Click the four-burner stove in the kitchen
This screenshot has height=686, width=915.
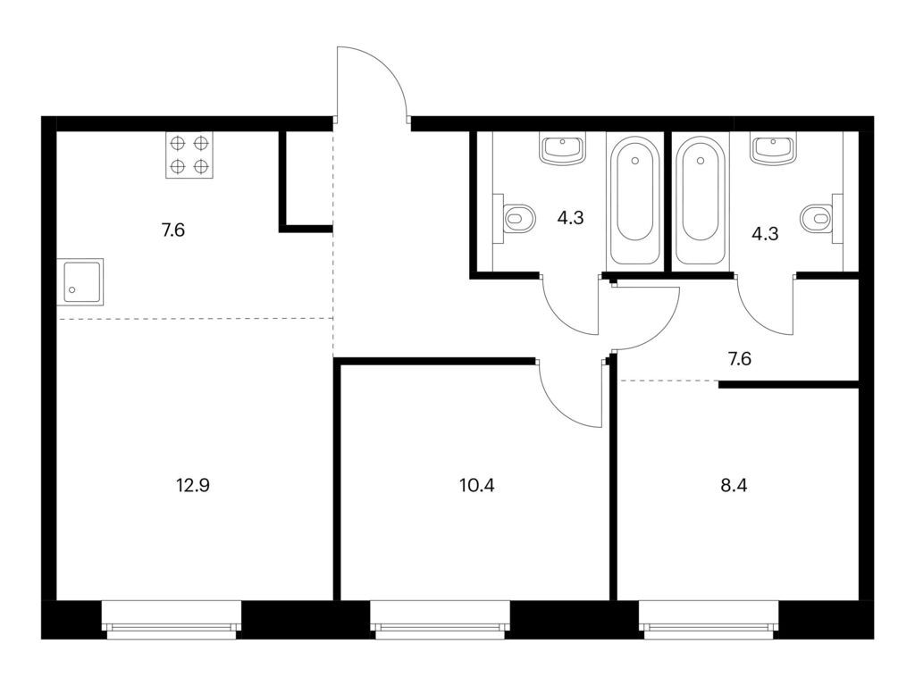(189, 155)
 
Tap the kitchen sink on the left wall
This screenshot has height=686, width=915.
(80, 281)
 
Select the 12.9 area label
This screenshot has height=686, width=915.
(193, 485)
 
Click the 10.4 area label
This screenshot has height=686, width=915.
(477, 485)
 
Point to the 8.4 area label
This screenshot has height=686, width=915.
(735, 485)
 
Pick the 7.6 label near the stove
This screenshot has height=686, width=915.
(173, 230)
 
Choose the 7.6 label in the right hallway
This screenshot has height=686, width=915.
(739, 359)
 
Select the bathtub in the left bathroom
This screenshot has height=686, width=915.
(635, 199)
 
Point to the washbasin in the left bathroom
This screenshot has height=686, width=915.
(562, 149)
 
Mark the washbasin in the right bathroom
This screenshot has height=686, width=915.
(773, 149)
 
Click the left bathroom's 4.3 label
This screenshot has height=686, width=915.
(570, 218)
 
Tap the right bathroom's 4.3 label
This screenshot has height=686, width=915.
(765, 234)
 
